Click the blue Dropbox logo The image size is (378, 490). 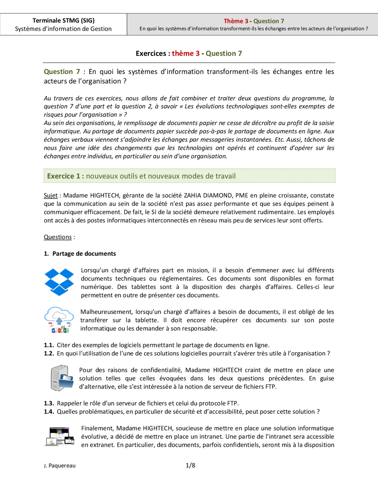tap(59, 282)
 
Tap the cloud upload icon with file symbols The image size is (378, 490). tap(59, 320)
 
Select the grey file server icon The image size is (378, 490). tap(62, 378)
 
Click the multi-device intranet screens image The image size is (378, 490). tap(60, 436)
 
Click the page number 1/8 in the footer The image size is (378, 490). tap(190, 465)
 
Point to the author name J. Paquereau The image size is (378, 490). tap(60, 465)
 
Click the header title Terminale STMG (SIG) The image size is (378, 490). tap(63, 20)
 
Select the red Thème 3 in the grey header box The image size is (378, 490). tap(236, 21)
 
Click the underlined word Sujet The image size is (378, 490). tap(50, 195)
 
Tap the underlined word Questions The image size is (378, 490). tap(58, 237)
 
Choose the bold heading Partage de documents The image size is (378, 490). tap(84, 254)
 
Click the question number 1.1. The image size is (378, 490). tap(49, 345)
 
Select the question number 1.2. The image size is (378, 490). tap(49, 353)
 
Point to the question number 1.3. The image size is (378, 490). tap(49, 403)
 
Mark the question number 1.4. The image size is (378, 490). tap(49, 412)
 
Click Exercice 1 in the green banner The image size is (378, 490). tap(63, 176)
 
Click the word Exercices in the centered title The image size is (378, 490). tap(151, 54)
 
